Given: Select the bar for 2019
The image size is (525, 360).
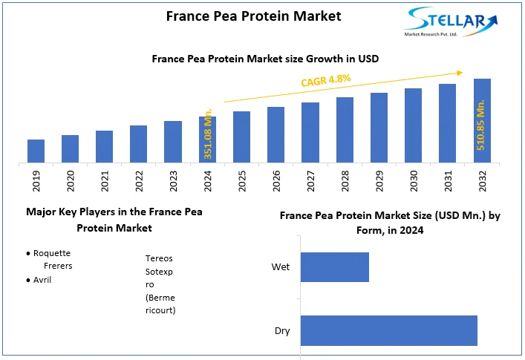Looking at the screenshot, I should point(36,151).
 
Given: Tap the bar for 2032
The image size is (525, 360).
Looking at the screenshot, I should point(482,120).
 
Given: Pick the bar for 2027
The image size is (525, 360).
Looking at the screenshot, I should point(310,132).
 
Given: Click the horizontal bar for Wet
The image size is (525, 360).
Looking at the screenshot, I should point(334,267).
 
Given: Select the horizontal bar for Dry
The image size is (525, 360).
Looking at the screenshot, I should point(388,330).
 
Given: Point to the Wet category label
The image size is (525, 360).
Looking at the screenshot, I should point(281,267).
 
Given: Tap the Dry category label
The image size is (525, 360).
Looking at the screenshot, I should point(281,331).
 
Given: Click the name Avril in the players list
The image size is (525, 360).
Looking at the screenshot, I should point(43,280).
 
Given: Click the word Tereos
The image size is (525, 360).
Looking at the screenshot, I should point(160,258).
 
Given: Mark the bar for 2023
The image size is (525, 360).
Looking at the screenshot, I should point(173,141).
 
